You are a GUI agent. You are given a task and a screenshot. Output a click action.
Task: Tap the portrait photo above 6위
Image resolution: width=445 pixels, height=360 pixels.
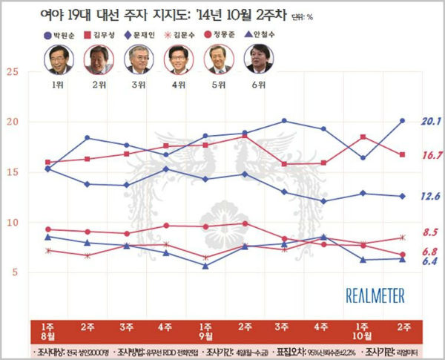point(257,59)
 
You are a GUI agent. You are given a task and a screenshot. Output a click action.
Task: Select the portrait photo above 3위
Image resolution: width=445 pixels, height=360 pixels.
point(139,59)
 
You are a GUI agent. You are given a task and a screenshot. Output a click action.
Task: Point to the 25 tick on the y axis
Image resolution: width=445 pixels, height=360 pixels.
point(12,72)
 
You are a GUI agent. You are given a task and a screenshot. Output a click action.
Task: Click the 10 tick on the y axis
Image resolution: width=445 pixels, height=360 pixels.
point(12,223)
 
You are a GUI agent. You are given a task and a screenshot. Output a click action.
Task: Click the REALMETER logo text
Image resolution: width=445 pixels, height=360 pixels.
point(375,295)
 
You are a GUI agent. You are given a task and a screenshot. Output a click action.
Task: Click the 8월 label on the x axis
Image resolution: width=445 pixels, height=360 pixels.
point(47,336)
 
